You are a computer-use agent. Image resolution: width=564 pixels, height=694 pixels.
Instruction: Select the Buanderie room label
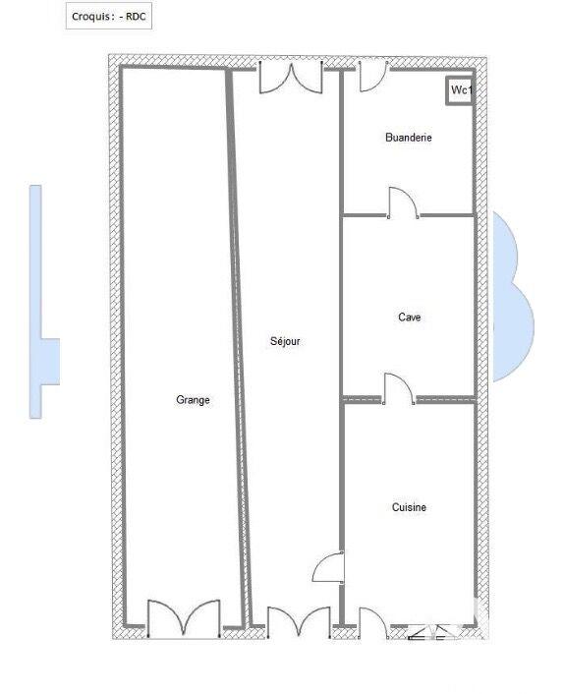(408, 139)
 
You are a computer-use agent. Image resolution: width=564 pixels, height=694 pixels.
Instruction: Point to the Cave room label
(410, 318)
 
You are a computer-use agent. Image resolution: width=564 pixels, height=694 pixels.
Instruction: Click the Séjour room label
(285, 342)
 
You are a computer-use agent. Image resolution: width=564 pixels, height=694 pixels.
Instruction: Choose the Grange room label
(193, 400)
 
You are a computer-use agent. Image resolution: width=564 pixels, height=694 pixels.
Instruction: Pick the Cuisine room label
(409, 507)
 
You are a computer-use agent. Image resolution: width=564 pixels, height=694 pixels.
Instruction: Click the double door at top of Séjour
(291, 78)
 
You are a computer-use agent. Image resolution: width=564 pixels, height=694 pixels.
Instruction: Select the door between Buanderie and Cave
(403, 203)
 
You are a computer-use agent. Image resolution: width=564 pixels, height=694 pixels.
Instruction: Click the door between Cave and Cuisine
(399, 389)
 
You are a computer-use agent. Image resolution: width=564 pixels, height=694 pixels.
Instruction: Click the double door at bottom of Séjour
(299, 622)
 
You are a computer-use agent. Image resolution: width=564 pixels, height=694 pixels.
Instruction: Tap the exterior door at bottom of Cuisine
(373, 623)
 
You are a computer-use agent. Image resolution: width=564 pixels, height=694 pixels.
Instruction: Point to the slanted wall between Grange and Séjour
(238, 344)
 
